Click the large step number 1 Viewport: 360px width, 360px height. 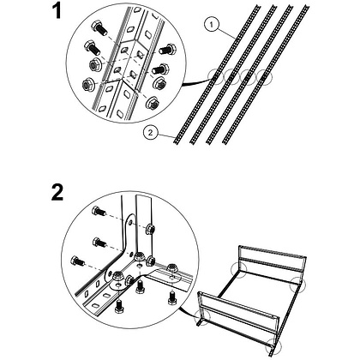tap(57, 12)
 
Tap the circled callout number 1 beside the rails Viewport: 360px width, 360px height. tap(211, 25)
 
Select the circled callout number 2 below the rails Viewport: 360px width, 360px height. tap(151, 132)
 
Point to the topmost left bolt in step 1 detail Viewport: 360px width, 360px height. tap(99, 28)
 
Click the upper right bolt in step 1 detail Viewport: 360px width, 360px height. tap(167, 50)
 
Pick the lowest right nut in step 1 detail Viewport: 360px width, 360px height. tap(153, 104)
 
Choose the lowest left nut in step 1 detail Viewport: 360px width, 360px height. tap(87, 85)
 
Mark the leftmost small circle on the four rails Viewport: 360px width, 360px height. tap(215, 76)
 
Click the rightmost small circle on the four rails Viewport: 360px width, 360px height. tap(264, 77)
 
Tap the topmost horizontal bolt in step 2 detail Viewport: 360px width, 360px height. tap(99, 212)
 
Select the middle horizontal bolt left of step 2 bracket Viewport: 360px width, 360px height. tap(99, 243)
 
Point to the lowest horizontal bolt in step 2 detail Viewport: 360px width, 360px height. tap(77, 261)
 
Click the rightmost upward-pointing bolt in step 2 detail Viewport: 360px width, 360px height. tap(171, 297)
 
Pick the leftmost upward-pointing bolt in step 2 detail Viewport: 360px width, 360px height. tap(118, 307)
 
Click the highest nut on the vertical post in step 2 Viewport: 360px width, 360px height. tap(150, 229)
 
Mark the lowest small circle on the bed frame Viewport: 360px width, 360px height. tap(273, 346)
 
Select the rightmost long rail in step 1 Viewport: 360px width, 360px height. tap(266, 74)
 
